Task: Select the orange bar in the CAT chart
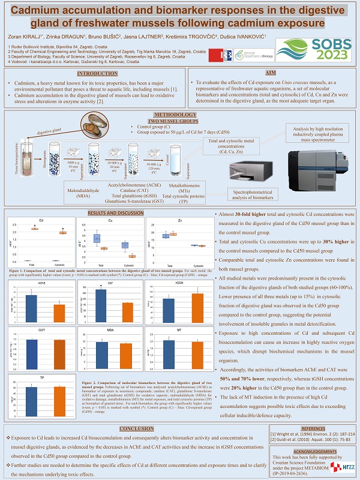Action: [x=111, y=312]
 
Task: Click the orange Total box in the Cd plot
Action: [x=35, y=229]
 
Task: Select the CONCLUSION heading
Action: [x=137, y=429]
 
